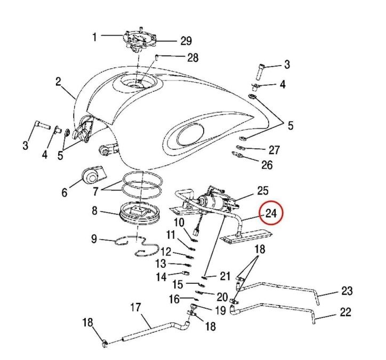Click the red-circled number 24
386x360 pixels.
click(271, 213)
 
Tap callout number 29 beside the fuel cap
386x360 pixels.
click(186, 41)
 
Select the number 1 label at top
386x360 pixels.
click(94, 37)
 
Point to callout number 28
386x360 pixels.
click(193, 58)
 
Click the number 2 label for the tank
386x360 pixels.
click(58, 82)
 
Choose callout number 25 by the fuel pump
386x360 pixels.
click(263, 190)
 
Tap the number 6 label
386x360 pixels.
click(65, 192)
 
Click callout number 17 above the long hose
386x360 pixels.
click(135, 307)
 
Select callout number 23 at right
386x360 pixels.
click(347, 291)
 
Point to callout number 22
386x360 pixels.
click(345, 312)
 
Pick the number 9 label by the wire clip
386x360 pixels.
click(94, 239)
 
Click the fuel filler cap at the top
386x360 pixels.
click(139, 39)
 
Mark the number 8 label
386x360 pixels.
click(94, 211)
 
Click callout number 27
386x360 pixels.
click(274, 150)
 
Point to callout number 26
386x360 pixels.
click(267, 165)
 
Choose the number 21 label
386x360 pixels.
click(225, 276)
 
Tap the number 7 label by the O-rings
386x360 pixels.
click(96, 191)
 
